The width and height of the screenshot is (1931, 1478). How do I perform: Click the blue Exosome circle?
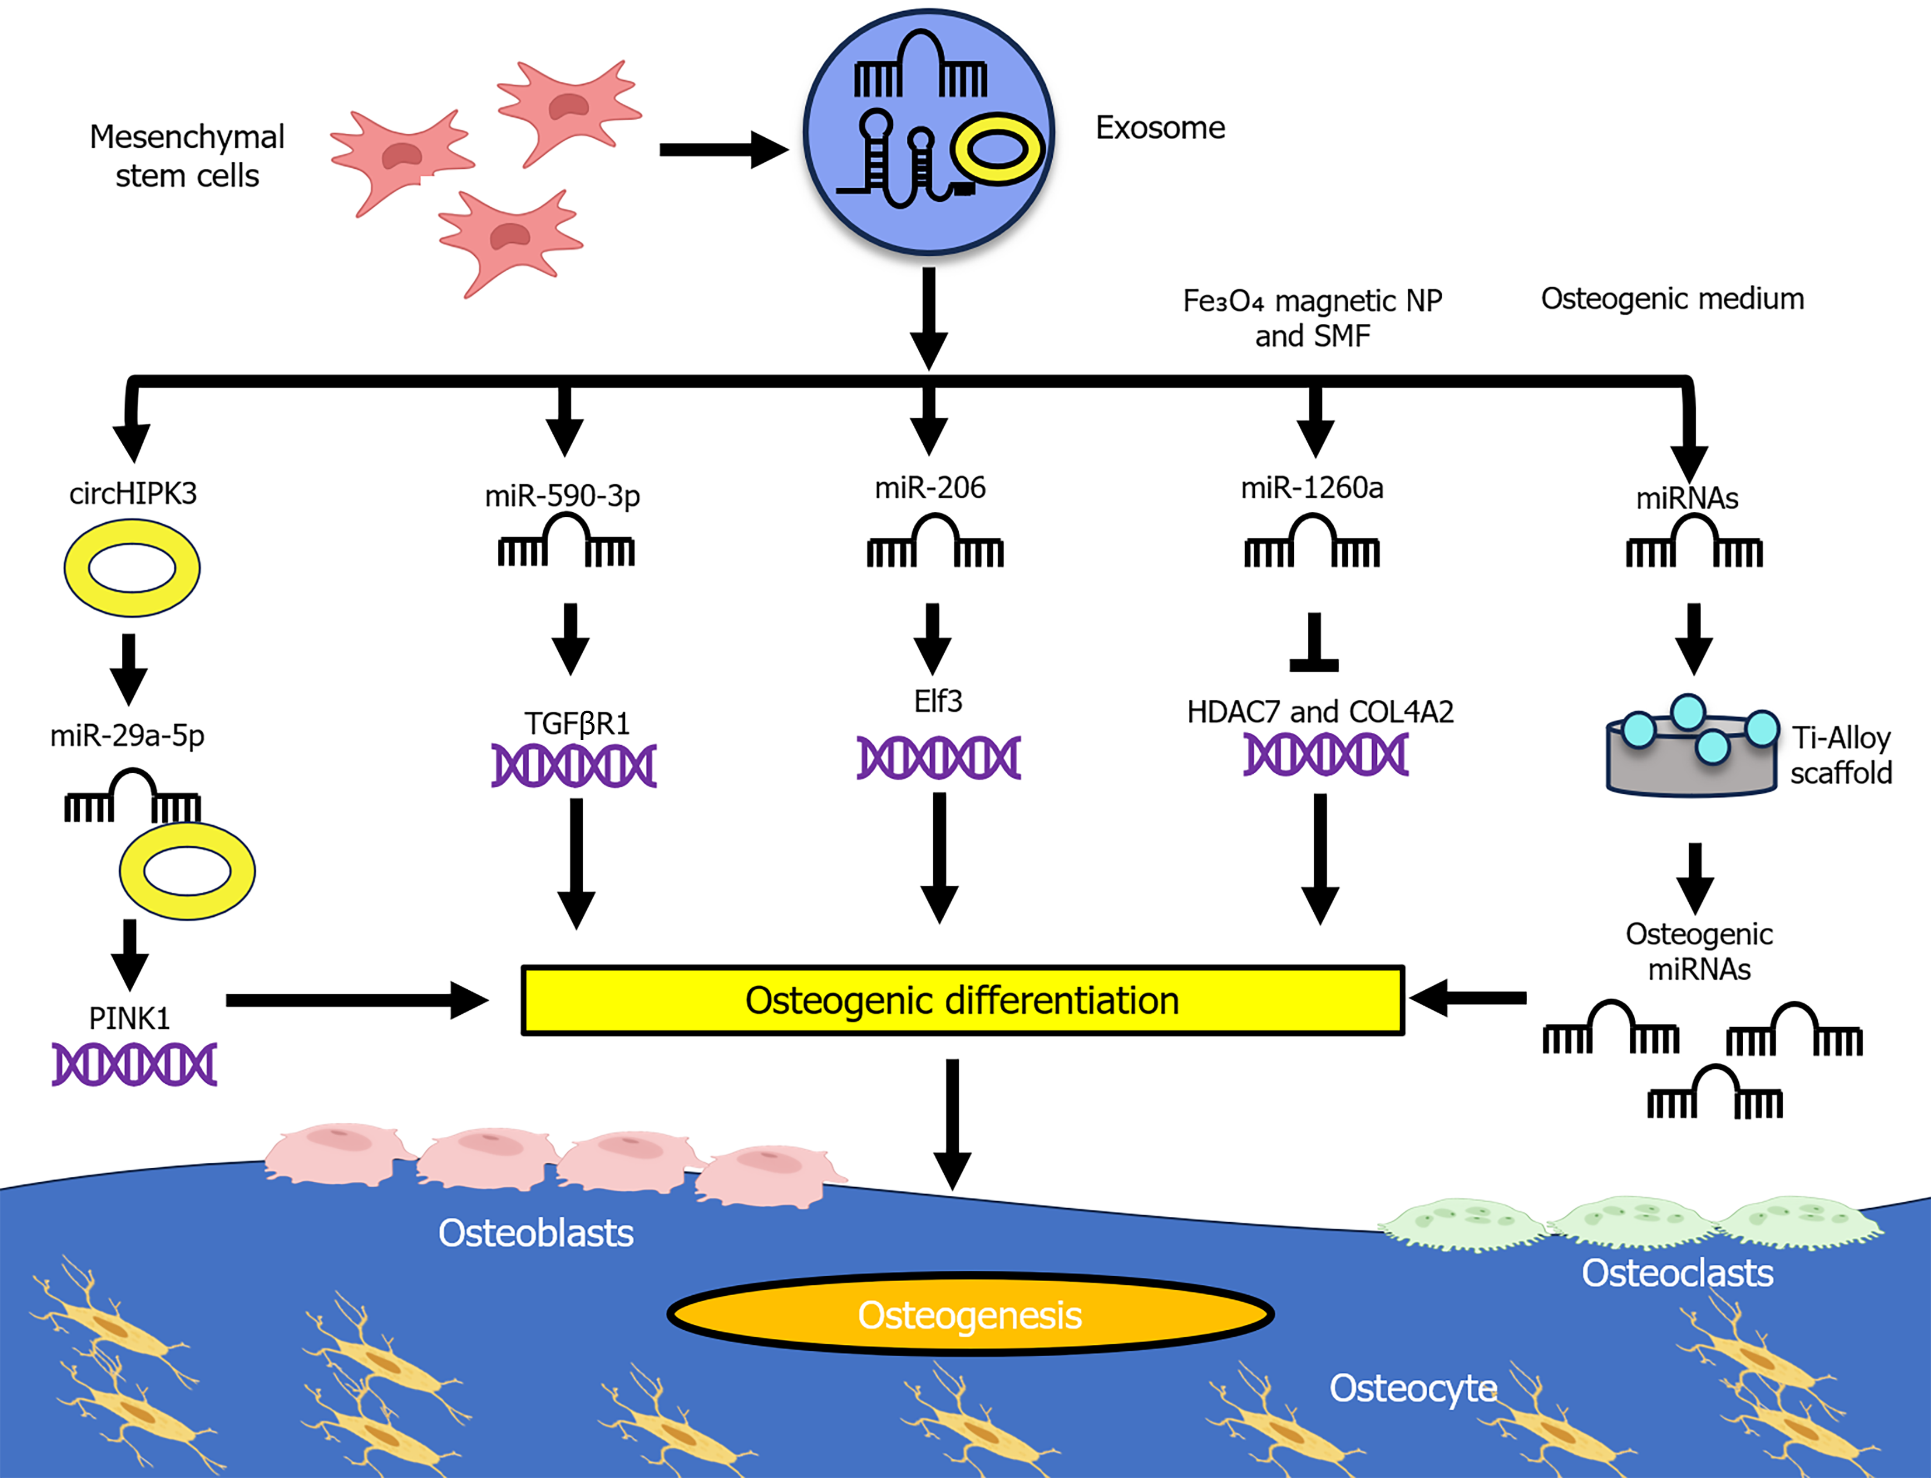(928, 132)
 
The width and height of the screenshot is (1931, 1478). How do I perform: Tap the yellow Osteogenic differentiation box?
(962, 1000)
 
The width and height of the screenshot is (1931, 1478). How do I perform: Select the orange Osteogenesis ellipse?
(970, 1314)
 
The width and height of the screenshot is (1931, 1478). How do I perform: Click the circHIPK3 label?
(133, 493)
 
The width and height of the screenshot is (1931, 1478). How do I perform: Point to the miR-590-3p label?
(562, 495)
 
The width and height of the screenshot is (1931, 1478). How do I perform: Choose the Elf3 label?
(938, 701)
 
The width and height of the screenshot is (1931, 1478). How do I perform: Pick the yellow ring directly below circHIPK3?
(132, 568)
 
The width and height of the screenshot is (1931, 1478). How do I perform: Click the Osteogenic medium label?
(1672, 299)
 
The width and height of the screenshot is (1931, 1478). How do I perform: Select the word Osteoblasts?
(536, 1233)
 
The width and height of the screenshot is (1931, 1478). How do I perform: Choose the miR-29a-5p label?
(127, 735)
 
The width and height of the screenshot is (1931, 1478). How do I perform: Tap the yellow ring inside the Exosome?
(998, 149)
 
